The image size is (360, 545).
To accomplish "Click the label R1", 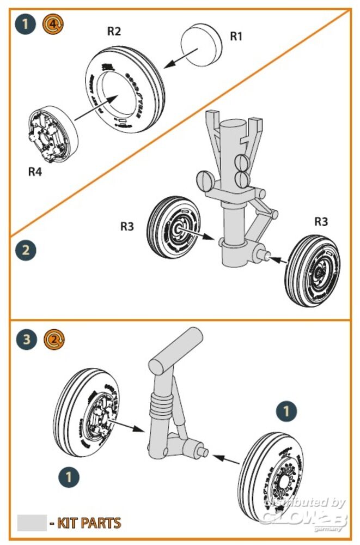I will pyautogui.click(x=236, y=37).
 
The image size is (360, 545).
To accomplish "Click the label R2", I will pyautogui.click(x=114, y=32).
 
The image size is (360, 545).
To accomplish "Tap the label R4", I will pyautogui.click(x=35, y=172).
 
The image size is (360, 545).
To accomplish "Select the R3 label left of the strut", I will pyautogui.click(x=127, y=226).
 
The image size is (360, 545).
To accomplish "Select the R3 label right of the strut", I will pyautogui.click(x=321, y=222).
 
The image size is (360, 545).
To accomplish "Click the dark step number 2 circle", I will pyautogui.click(x=25, y=251).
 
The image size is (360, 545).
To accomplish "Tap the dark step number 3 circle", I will pyautogui.click(x=25, y=340).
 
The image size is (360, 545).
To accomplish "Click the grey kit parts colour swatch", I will pyautogui.click(x=32, y=523).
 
